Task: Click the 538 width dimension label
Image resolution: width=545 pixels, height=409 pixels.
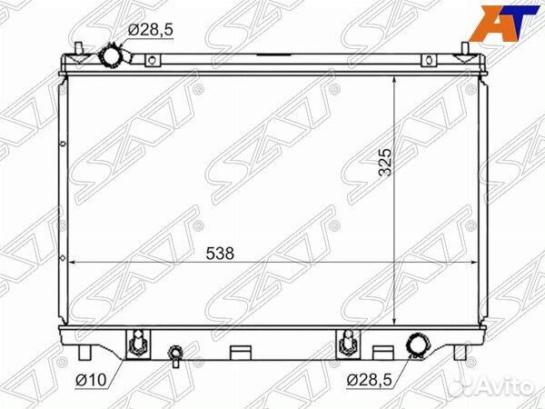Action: point(220,254)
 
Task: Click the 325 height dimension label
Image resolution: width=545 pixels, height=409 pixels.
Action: point(385,163)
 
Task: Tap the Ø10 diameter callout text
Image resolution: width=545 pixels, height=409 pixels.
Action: point(90,380)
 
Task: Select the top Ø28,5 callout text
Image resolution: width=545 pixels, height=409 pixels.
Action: point(150,30)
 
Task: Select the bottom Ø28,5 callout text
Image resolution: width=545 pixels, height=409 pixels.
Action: point(369,380)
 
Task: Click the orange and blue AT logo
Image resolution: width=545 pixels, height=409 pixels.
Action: point(503,23)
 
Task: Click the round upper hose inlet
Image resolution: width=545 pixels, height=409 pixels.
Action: point(110,55)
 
